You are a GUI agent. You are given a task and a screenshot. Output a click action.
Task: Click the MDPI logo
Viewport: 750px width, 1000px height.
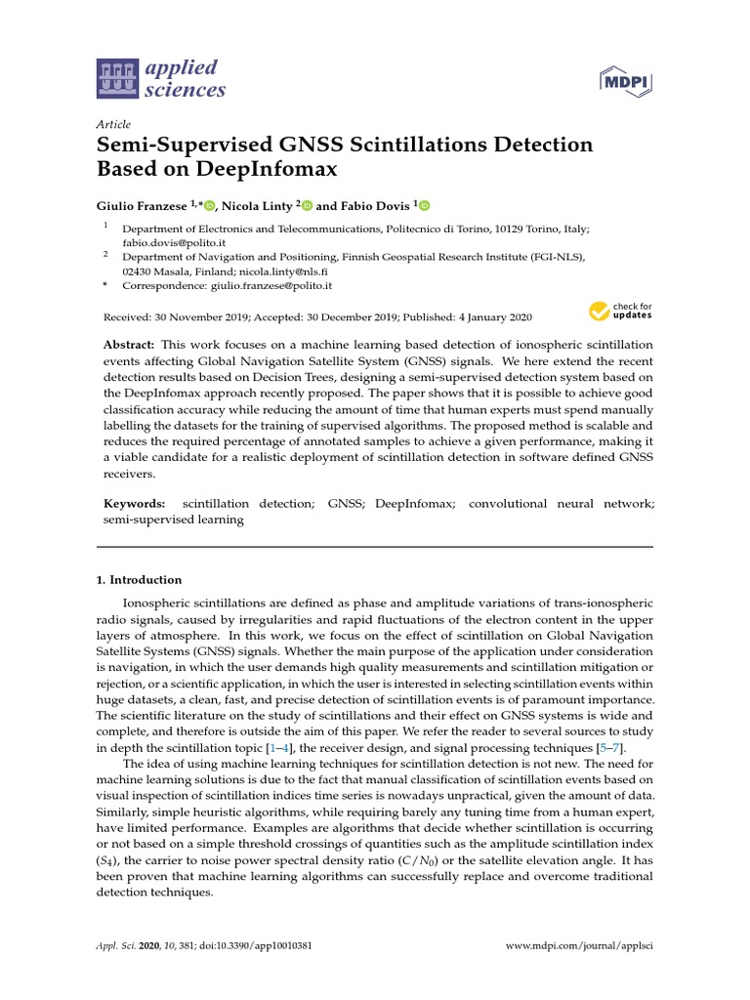click(624, 81)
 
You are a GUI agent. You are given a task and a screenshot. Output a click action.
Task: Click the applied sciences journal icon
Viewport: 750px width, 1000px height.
click(116, 79)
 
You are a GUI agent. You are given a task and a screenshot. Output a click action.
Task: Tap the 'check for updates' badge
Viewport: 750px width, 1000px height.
click(620, 312)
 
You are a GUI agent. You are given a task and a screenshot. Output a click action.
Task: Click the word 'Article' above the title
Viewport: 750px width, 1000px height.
click(113, 124)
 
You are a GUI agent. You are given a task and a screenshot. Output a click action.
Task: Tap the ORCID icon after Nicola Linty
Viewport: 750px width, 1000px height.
click(307, 205)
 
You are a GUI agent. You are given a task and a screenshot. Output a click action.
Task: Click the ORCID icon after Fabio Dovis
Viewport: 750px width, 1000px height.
click(424, 205)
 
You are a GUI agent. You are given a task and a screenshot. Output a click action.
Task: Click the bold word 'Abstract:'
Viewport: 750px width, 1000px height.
click(130, 346)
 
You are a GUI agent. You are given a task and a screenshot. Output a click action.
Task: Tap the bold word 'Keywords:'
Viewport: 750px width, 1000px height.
click(135, 503)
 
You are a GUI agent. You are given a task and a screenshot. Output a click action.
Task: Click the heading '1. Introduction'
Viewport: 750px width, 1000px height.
click(139, 579)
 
